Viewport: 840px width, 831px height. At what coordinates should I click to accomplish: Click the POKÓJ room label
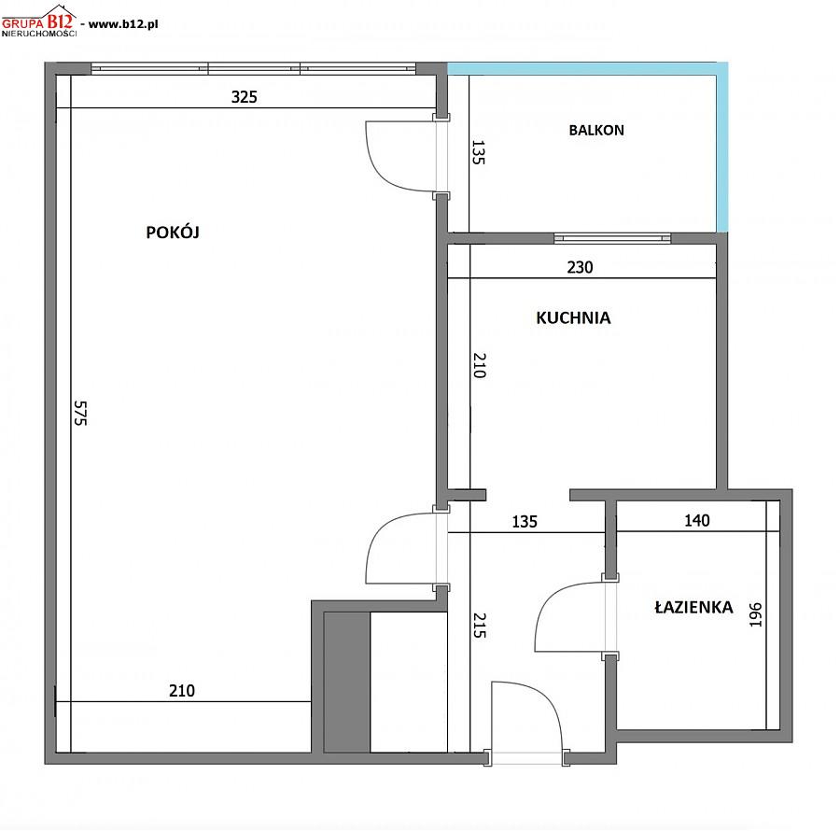pyautogui.click(x=173, y=232)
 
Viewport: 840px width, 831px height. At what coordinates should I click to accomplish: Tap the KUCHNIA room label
pyautogui.click(x=573, y=317)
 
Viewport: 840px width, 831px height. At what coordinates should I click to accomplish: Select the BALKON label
pyautogui.click(x=596, y=130)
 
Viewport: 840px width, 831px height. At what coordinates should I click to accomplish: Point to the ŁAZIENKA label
pyautogui.click(x=693, y=607)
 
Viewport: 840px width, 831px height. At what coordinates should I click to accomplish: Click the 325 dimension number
pyautogui.click(x=245, y=97)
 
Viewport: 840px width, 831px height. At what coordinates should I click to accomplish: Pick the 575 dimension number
pyautogui.click(x=80, y=413)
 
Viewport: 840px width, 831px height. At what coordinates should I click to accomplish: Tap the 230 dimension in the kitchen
pyautogui.click(x=581, y=267)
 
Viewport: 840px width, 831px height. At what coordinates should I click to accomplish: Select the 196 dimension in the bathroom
pyautogui.click(x=755, y=614)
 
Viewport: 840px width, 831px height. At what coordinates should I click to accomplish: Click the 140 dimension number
pyautogui.click(x=697, y=520)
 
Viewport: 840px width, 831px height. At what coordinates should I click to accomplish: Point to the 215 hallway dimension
pyautogui.click(x=480, y=626)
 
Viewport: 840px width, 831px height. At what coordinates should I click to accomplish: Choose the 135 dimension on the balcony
pyautogui.click(x=479, y=152)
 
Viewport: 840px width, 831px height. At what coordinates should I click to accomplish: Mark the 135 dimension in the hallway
pyautogui.click(x=525, y=521)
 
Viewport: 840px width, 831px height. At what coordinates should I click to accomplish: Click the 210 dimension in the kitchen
pyautogui.click(x=480, y=365)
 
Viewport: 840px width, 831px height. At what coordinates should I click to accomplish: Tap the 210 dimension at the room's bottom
pyautogui.click(x=182, y=691)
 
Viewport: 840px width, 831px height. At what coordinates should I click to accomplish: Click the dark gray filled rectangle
pyautogui.click(x=346, y=682)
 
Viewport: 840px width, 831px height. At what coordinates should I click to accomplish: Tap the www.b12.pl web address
pyautogui.click(x=123, y=24)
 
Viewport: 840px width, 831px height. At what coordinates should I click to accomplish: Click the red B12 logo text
pyautogui.click(x=59, y=21)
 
